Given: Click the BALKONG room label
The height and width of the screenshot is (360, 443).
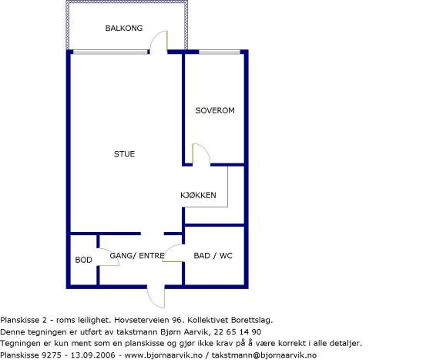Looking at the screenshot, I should point(124,29).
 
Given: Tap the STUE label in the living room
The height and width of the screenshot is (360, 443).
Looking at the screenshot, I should point(124,154).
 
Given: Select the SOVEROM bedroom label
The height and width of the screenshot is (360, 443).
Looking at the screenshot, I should point(214,111).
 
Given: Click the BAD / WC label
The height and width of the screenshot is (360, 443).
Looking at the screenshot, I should point(213,256).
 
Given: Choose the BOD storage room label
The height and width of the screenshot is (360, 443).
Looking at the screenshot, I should point(83,261).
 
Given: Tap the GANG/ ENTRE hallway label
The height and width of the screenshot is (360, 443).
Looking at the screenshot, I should point(137,256).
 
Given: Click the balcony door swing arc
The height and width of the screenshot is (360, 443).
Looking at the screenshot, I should point(159,40).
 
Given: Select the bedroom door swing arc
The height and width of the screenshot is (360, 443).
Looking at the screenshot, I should point(200,153).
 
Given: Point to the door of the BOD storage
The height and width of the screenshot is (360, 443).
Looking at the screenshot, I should point(109,257).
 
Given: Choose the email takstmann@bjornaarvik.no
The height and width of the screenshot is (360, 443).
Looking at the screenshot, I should point(262,355).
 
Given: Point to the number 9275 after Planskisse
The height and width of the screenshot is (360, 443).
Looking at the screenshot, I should point(48,355).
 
